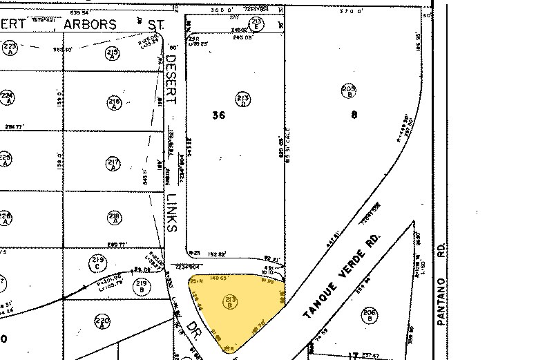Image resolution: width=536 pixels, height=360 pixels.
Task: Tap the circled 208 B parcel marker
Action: point(349,90)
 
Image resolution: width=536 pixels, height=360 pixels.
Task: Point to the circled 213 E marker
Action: point(256,24)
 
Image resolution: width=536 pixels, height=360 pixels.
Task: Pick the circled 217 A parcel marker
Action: point(114,164)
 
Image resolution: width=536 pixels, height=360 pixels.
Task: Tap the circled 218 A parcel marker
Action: point(114,219)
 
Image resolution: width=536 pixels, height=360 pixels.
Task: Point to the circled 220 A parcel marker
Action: point(102,321)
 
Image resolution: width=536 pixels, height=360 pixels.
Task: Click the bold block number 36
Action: point(218,115)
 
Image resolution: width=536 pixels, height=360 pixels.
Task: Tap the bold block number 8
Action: point(354,115)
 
